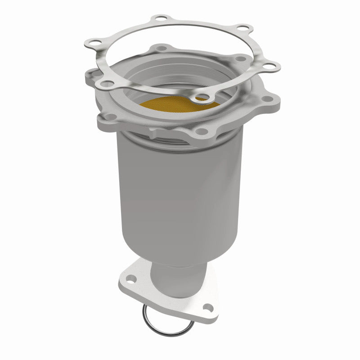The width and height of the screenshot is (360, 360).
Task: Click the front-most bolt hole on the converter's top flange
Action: (200, 131)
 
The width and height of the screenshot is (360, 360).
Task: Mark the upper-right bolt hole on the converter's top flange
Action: (241, 59)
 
